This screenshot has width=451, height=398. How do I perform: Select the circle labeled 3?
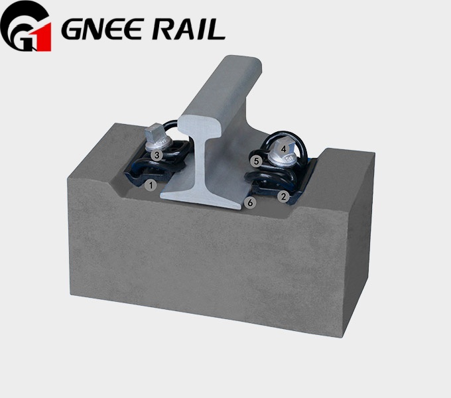[156, 155]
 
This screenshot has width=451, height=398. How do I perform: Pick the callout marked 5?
[255, 161]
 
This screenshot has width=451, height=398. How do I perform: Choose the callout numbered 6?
[250, 202]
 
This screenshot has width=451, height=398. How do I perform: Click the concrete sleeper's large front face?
[199, 265]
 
